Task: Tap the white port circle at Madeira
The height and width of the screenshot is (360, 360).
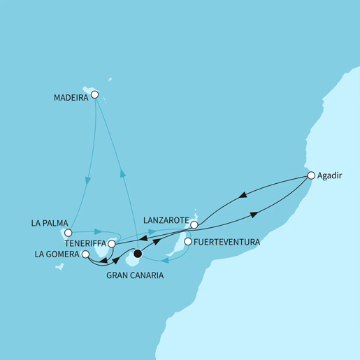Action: [x=95, y=95]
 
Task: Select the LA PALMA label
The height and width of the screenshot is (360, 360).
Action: [x=50, y=224]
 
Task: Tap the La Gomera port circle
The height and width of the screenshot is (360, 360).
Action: [x=85, y=255]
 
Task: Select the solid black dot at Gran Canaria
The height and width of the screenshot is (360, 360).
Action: [x=138, y=254]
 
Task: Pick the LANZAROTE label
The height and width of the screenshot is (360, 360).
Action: [x=165, y=221]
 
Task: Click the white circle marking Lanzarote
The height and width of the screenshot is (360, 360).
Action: [x=194, y=224]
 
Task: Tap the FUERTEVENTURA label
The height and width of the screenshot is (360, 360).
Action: [x=226, y=242]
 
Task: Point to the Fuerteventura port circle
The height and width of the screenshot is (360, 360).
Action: [x=187, y=242]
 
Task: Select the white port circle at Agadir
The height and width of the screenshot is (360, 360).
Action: [x=312, y=177]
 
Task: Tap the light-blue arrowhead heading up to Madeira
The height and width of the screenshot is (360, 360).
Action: [x=122, y=175]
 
